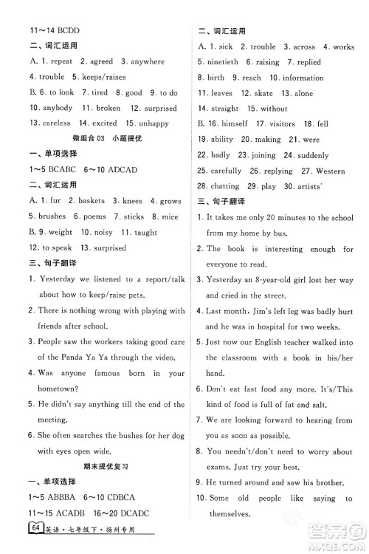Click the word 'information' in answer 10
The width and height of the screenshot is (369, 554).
[x=303, y=78]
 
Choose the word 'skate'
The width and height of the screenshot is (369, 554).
[x=263, y=94]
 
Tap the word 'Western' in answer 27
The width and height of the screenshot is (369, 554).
[x=330, y=171]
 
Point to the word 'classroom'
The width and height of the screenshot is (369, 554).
[x=241, y=358]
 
